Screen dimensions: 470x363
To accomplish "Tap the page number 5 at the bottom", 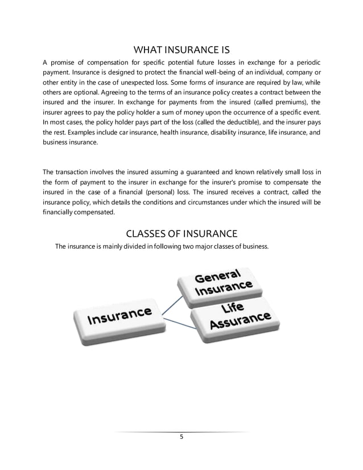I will [x=181, y=437].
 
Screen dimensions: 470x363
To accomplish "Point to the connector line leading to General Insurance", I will [x=171, y=302].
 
